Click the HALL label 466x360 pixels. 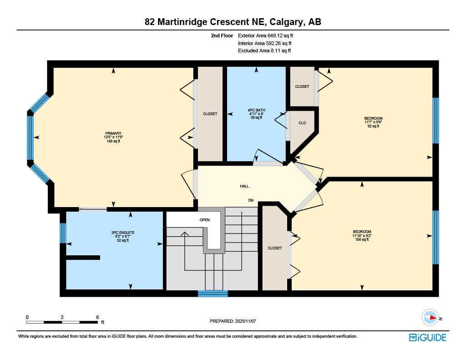pos(244,186)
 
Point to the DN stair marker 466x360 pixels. pos(251,200)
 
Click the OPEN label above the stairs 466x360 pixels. pos(204,220)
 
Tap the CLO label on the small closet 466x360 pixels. pos(302,123)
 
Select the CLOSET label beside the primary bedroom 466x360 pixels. pos(210,114)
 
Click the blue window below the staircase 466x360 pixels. pos(213,294)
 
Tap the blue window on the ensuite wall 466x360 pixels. pos(63,233)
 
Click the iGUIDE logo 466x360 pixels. pos(427,337)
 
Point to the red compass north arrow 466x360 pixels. pos(433,318)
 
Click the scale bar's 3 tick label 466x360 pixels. pos(62,317)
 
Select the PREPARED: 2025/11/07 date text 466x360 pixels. pos(233,321)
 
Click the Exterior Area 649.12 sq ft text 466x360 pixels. pos(265,35)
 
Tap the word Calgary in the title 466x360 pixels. pos(287,22)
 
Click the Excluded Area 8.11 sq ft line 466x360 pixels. pos(264,51)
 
